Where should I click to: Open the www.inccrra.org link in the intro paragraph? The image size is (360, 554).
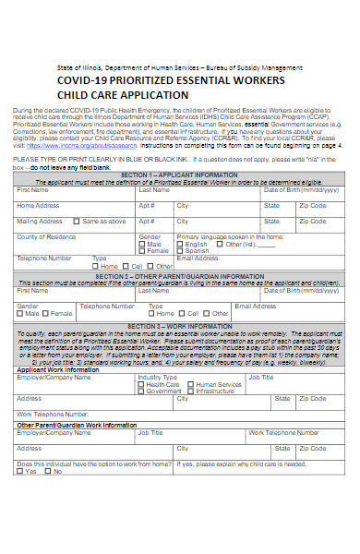70,146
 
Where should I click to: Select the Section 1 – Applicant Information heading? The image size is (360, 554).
179,174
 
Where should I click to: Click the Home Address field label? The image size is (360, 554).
38,205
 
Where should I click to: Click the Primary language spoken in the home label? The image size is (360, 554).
237,237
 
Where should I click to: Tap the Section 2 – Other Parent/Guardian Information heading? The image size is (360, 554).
179,276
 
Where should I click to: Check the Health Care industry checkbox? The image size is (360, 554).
141,384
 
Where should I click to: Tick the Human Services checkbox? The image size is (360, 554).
192,384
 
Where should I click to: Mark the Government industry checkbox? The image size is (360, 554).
141,391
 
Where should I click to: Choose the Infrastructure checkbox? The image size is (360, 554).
192,391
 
